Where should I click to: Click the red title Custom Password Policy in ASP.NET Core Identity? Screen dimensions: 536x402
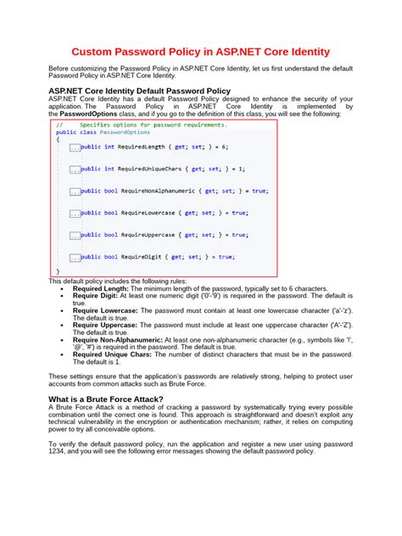tap(200, 52)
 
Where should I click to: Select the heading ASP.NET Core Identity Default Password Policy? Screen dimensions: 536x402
tap(139, 90)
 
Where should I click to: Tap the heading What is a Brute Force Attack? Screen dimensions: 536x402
tap(116, 398)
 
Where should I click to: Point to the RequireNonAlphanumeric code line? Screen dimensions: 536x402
tap(175, 191)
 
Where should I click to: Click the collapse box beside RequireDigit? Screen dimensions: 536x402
tap(75, 256)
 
